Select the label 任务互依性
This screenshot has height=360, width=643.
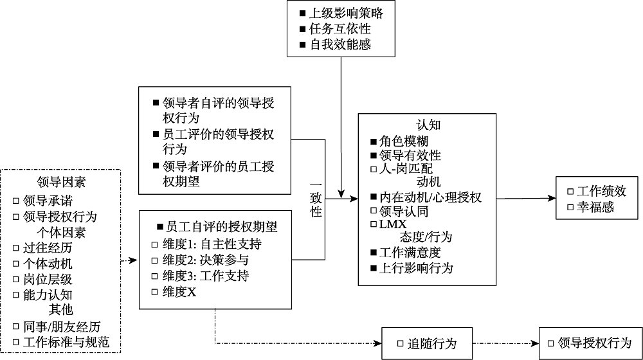click(x=341, y=29)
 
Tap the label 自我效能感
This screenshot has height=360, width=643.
click(x=341, y=44)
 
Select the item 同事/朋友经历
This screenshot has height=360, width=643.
click(x=62, y=327)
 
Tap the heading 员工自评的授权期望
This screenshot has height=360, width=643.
click(x=222, y=228)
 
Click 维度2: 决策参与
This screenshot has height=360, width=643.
click(x=206, y=260)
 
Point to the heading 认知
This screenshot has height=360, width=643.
click(x=427, y=126)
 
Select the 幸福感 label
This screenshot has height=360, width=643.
click(x=595, y=206)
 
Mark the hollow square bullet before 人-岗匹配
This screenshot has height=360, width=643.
click(x=374, y=169)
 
